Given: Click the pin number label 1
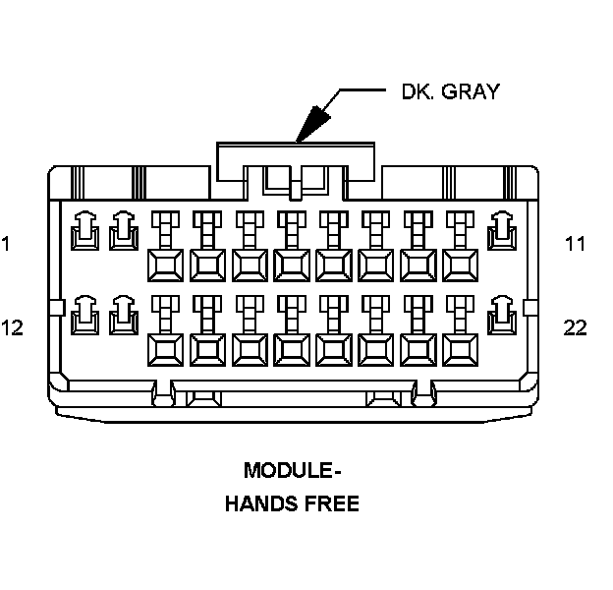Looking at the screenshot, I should [6, 243].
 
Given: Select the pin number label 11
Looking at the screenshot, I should [575, 243].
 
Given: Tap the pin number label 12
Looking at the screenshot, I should [12, 327].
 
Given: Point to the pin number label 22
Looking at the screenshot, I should [575, 327].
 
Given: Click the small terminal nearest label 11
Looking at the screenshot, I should [503, 231].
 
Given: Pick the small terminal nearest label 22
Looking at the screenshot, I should [503, 315].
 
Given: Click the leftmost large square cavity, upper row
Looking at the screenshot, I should [164, 265].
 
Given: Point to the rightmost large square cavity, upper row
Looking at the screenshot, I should [460, 265].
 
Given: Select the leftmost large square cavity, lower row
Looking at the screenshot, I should [164, 348].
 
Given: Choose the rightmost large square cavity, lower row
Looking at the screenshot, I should [460, 348].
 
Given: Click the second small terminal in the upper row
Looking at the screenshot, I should [124, 231].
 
